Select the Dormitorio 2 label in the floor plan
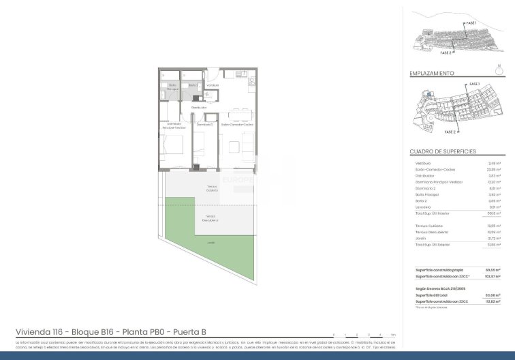point(204,125)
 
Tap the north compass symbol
point(500,68)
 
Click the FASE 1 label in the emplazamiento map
point(475,84)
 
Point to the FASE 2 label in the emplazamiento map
point(450,132)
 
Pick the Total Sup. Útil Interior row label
point(436,214)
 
